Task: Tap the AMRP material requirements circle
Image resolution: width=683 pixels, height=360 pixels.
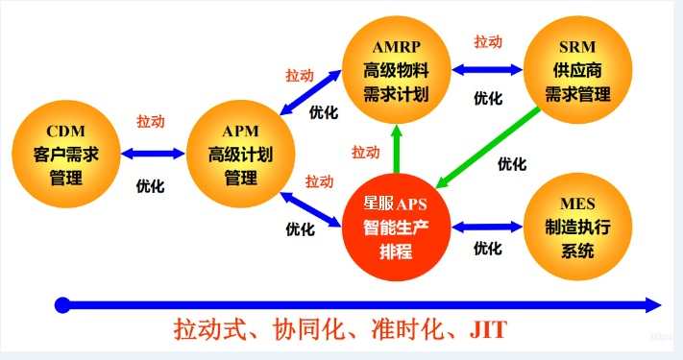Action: (x=395, y=70)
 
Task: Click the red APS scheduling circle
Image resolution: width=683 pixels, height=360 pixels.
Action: (x=395, y=228)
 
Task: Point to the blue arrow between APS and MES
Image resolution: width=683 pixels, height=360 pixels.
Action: (x=485, y=228)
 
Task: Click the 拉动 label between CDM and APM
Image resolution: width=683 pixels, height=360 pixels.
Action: (x=150, y=122)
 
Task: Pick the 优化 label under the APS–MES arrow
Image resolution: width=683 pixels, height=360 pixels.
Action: (x=487, y=249)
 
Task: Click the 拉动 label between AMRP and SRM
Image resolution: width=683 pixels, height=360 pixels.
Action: (x=488, y=42)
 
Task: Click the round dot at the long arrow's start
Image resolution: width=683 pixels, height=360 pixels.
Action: (x=62, y=305)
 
